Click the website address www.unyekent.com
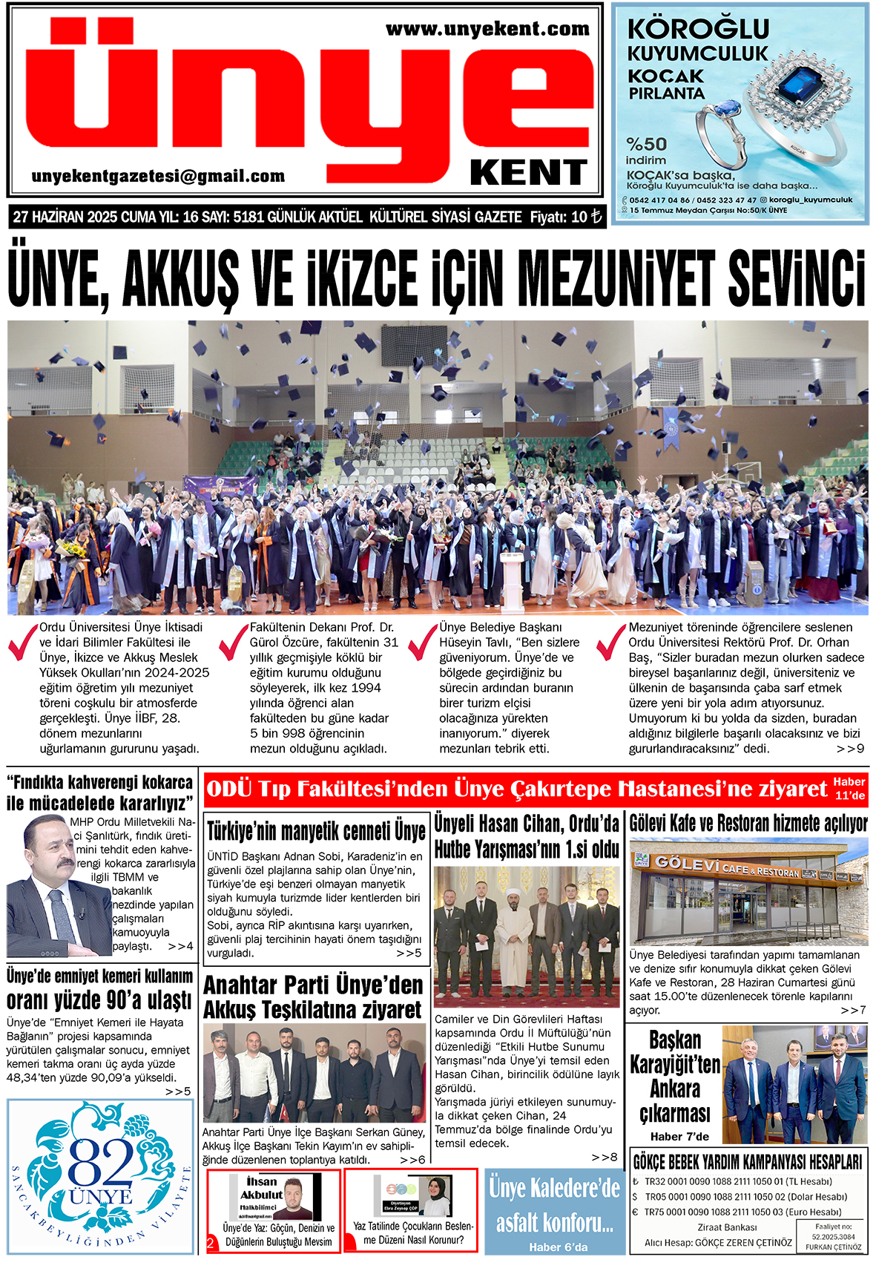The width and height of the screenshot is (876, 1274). click(x=487, y=30)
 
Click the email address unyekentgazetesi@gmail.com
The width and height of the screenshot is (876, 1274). click(x=158, y=177)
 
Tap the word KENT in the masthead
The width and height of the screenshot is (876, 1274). click(x=528, y=173)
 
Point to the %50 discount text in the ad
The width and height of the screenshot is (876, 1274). click(x=646, y=144)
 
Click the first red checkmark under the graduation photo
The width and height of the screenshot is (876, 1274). click(x=22, y=642)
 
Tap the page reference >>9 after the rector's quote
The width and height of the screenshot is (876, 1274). click(x=850, y=749)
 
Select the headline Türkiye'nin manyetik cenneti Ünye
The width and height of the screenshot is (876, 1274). click(x=316, y=830)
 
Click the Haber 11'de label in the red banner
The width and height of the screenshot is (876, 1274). click(x=849, y=789)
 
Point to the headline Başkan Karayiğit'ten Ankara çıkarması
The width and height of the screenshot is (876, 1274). click(x=674, y=1077)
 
